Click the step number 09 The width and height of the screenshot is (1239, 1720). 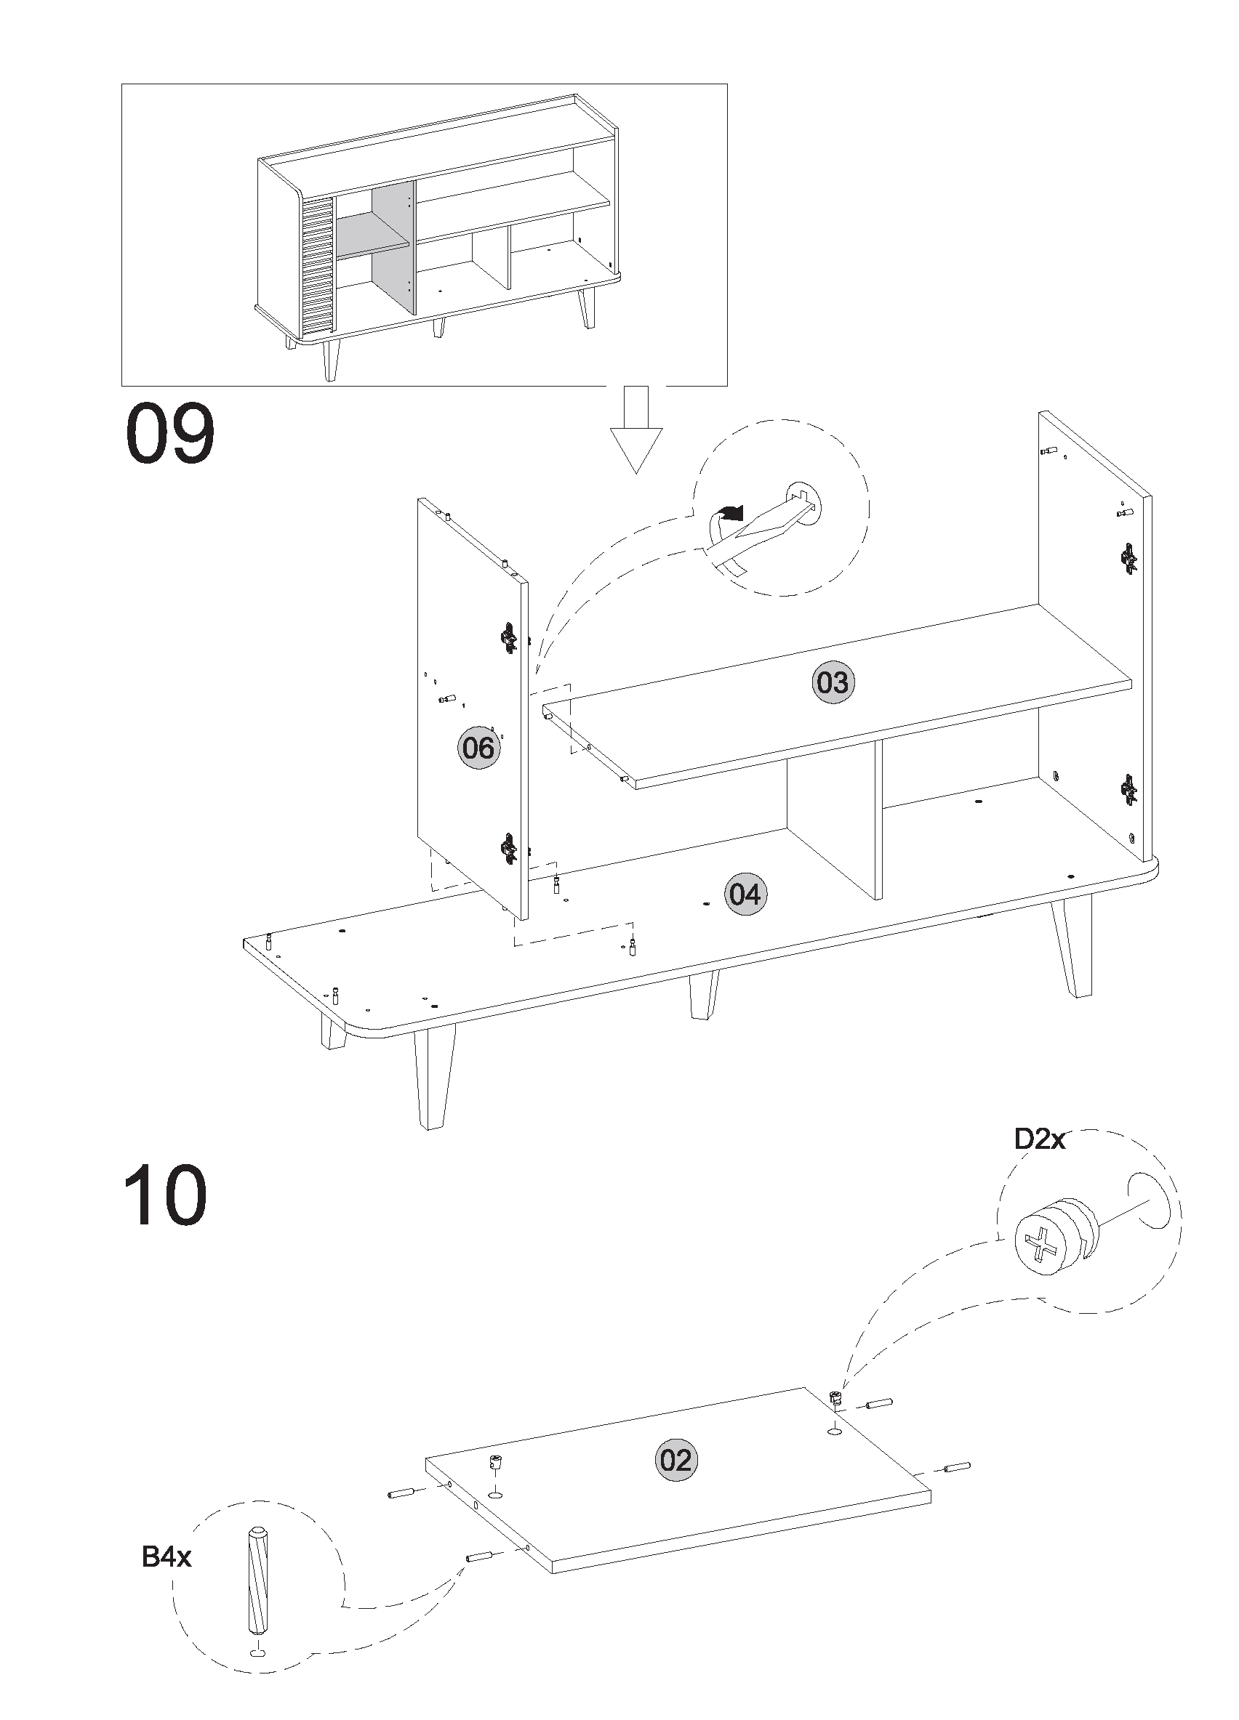coord(169,435)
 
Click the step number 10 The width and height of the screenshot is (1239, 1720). coord(164,1196)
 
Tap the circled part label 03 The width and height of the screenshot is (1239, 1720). coord(833,682)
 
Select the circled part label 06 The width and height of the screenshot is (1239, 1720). coord(478,748)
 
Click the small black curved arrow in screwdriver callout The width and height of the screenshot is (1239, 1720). coord(731,514)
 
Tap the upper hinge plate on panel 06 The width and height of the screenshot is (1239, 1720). coord(508,637)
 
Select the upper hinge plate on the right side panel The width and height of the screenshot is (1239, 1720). coord(1129,559)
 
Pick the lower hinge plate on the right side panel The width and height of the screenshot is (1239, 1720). coord(1129,789)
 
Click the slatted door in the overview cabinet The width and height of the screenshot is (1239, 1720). coord(318,265)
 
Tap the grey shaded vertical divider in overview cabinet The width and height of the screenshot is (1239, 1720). coord(394,246)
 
